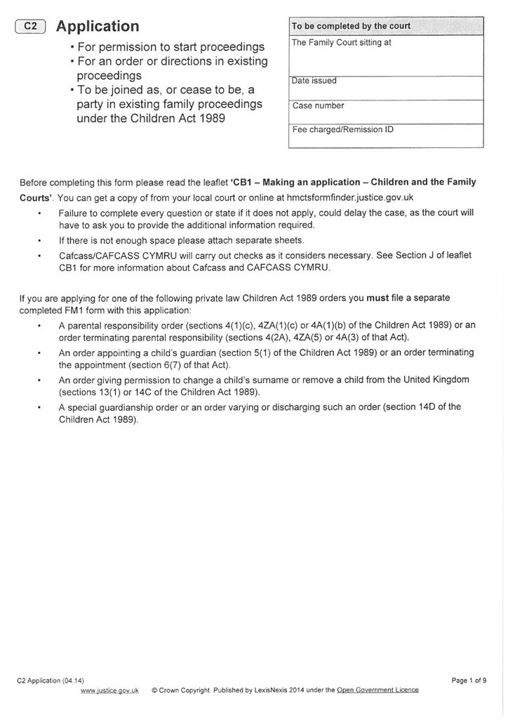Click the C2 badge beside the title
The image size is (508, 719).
[30, 27]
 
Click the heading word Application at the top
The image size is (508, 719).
[98, 27]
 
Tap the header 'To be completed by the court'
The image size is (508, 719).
[351, 26]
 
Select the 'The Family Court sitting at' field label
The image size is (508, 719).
[341, 43]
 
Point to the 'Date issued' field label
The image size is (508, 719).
[314, 81]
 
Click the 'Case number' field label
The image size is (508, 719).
[318, 106]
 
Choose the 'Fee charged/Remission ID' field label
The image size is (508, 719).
[342, 130]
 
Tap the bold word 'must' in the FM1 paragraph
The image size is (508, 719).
[377, 298]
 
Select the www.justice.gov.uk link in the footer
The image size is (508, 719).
[109, 690]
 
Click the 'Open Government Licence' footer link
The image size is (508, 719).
[377, 690]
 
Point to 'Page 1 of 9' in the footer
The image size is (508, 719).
[469, 680]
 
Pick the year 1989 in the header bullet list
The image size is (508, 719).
[210, 119]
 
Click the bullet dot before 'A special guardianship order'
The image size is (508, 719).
[39, 407]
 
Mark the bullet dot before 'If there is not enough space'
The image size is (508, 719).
[39, 240]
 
